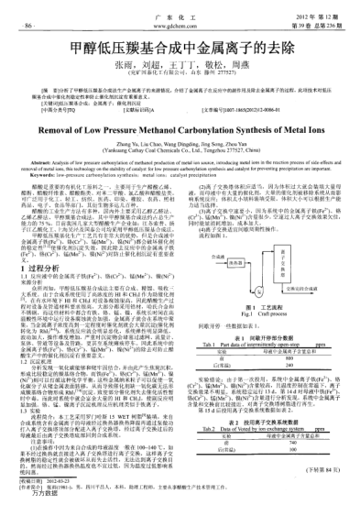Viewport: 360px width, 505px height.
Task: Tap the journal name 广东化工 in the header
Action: click(x=180, y=7)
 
